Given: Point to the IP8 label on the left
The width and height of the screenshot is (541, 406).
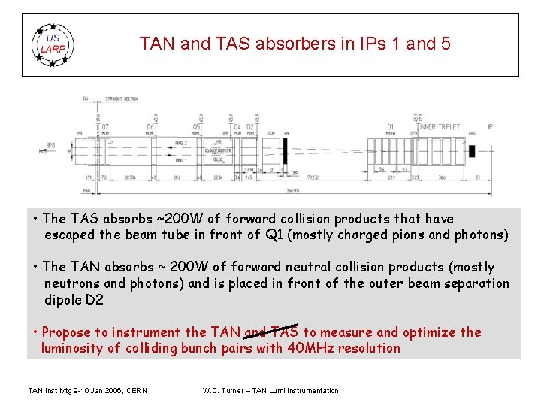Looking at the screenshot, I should point(51,144).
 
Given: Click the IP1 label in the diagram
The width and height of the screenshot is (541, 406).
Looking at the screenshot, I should point(491,127).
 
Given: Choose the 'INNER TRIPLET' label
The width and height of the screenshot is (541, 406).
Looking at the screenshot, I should point(440,127).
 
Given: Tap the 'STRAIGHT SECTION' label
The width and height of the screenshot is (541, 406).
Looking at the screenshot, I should point(122,98).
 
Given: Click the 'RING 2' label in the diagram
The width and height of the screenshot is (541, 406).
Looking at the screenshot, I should point(180,142).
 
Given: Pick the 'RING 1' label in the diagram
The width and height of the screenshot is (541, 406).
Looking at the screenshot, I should point(180,160).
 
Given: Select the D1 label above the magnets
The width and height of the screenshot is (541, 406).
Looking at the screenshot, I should point(390,127).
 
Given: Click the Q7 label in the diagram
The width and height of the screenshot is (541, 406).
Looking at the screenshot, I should point(105,126).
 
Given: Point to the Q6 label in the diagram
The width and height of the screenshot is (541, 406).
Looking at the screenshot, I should point(150,126).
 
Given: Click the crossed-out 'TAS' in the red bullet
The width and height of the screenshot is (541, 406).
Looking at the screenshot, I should point(284,332).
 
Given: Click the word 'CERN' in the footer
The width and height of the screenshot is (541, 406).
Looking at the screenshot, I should point(135,390).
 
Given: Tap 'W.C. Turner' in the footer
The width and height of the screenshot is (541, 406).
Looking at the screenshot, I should point(224,390).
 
